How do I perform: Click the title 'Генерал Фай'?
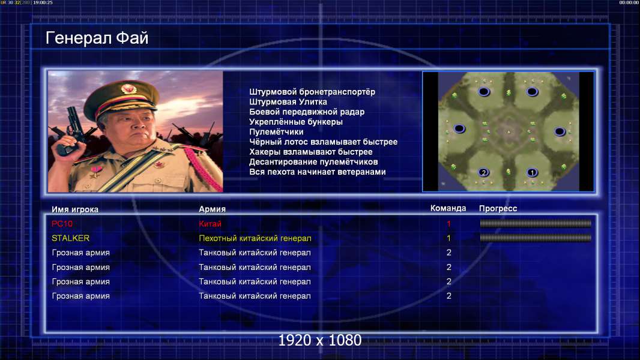pyautogui.click(x=97, y=38)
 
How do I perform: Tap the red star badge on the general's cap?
pyautogui.click(x=128, y=89)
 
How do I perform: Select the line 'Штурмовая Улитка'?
pyautogui.click(x=288, y=102)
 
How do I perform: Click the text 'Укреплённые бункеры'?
pyautogui.click(x=295, y=122)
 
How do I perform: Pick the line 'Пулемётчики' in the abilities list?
pyautogui.click(x=276, y=131)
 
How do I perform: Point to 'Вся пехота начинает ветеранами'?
pyautogui.click(x=317, y=172)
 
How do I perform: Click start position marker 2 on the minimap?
pyautogui.click(x=484, y=172)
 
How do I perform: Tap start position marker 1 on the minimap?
pyautogui.click(x=532, y=172)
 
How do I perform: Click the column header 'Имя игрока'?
pyautogui.click(x=74, y=209)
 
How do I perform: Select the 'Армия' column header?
pyautogui.click(x=212, y=209)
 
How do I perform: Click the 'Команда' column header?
pyautogui.click(x=448, y=208)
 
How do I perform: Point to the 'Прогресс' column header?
pyautogui.click(x=498, y=209)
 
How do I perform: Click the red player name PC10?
pyautogui.click(x=62, y=224)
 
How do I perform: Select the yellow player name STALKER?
pyautogui.click(x=70, y=238)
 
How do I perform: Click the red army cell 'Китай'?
pyautogui.click(x=210, y=224)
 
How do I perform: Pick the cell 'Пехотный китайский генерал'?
pyautogui.click(x=255, y=238)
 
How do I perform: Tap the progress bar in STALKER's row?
pyautogui.click(x=535, y=238)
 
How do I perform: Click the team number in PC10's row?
pyautogui.click(x=448, y=224)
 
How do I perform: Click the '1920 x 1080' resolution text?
pyautogui.click(x=319, y=340)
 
